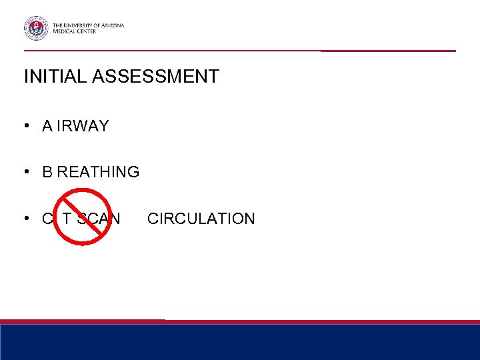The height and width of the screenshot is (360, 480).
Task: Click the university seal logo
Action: (36, 28)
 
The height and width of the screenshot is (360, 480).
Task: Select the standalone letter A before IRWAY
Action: (47, 127)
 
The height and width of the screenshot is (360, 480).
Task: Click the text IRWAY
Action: (83, 127)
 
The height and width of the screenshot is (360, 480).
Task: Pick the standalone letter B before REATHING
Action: (47, 172)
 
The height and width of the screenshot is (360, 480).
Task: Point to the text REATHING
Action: (98, 172)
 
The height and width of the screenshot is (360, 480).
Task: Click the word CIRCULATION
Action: (201, 218)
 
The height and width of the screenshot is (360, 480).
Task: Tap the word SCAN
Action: (99, 218)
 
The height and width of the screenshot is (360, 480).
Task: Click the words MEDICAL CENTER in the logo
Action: (75, 31)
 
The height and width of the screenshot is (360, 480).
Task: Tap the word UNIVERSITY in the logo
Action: (84, 25)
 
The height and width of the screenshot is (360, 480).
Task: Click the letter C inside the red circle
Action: (47, 218)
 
